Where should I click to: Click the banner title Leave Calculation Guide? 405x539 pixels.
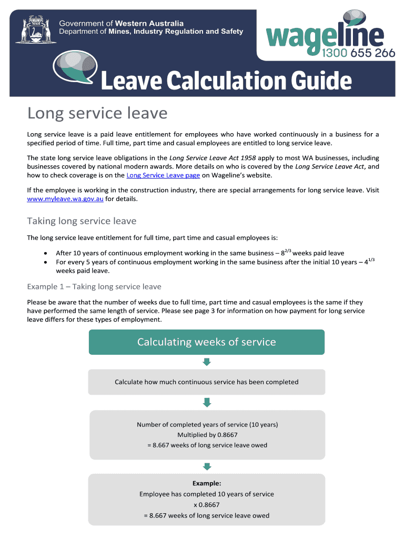click(x=225, y=82)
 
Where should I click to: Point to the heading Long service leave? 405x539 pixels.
click(x=97, y=113)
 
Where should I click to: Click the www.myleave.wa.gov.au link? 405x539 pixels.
click(x=65, y=199)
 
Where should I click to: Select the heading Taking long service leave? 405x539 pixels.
click(x=82, y=221)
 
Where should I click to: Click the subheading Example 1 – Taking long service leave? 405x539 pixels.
click(x=94, y=287)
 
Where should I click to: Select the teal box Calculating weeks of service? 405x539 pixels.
click(x=207, y=342)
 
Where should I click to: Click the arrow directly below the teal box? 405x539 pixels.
click(x=207, y=362)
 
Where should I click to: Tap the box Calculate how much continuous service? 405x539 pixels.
click(x=207, y=382)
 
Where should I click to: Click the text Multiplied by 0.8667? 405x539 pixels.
click(x=207, y=435)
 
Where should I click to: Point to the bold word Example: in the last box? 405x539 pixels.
click(x=207, y=483)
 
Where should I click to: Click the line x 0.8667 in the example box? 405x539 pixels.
click(x=207, y=505)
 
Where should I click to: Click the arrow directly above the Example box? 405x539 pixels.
click(x=207, y=466)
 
